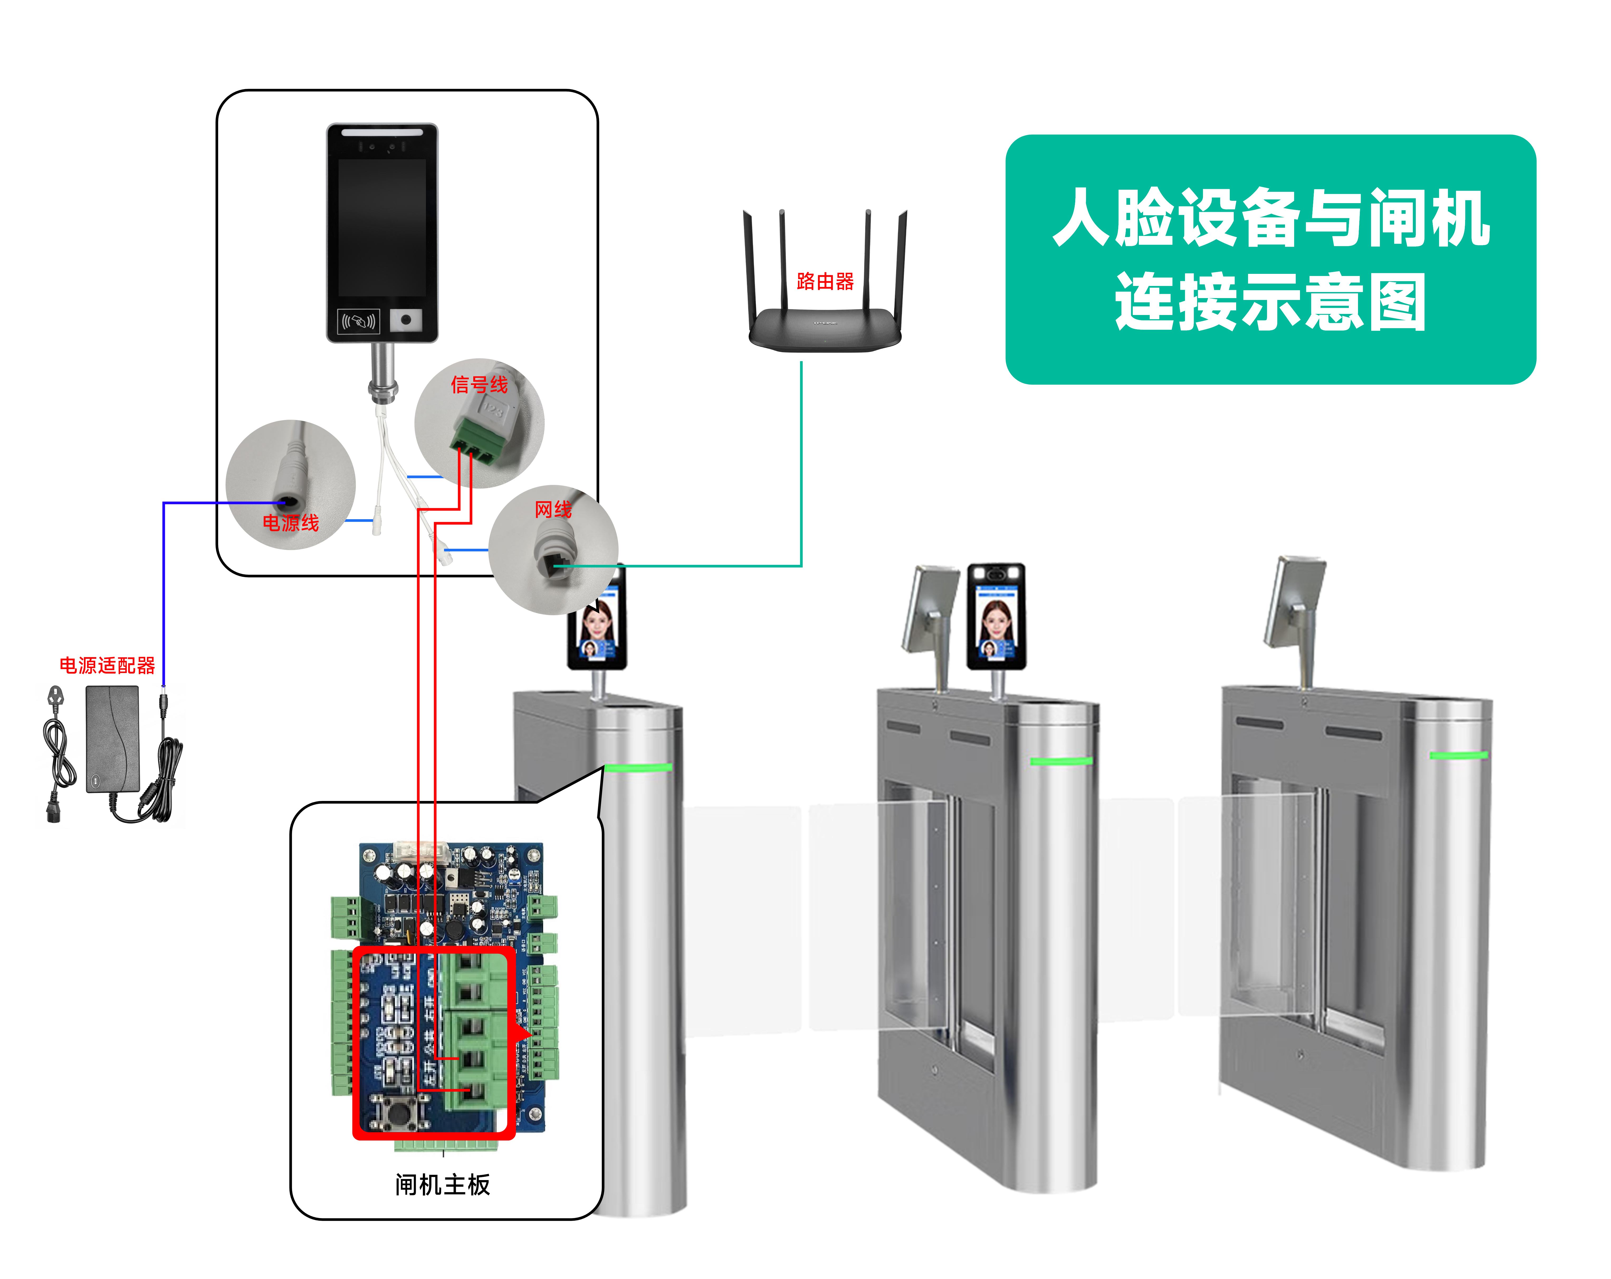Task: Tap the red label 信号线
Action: [479, 385]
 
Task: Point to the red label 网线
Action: [553, 509]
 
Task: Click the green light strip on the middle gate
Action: [1061, 761]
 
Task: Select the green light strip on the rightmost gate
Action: [1459, 755]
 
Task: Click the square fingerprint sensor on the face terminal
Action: [406, 320]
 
